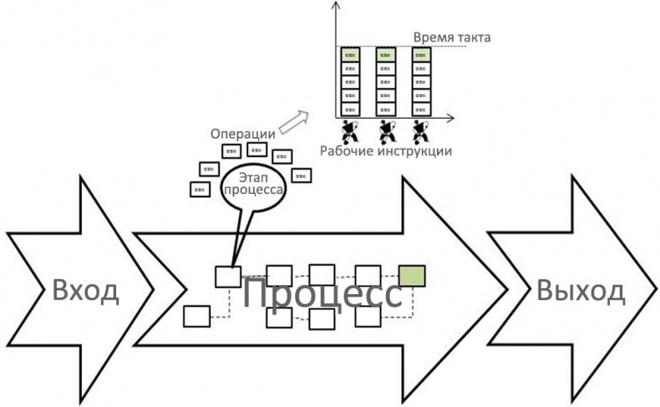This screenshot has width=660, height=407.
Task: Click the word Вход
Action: [x=87, y=292]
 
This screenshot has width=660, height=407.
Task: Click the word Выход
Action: [x=581, y=291]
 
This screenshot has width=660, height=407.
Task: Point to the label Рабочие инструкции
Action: [x=386, y=151]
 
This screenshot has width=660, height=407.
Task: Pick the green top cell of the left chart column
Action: [x=350, y=54]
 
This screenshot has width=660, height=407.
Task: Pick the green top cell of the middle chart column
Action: [x=386, y=54]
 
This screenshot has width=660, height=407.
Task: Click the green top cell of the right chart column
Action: [x=422, y=54]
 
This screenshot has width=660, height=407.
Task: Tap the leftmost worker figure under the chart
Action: [x=350, y=131]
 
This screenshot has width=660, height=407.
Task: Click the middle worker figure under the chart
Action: [x=387, y=131]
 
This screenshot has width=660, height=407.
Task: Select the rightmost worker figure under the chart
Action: [x=422, y=131]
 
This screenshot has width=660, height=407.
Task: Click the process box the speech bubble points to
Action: [x=228, y=276]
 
